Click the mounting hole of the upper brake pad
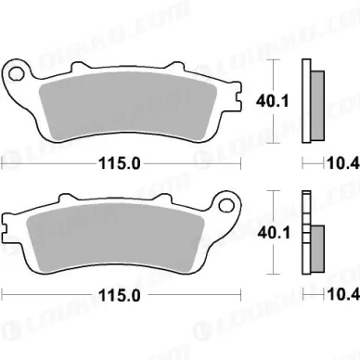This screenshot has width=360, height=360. pos(17,74)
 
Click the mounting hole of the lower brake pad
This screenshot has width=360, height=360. pos(226,205)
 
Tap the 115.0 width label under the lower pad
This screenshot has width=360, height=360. pos(119,296)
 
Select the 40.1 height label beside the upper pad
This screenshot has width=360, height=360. pos(272,101)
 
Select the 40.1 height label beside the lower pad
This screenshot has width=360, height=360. pos(274,233)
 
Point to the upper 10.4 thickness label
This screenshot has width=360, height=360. pos(343,163)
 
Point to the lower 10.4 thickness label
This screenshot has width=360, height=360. pos(343,295)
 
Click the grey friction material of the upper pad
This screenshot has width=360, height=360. pos(128,104)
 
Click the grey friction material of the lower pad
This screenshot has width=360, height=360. pos(115,236)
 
